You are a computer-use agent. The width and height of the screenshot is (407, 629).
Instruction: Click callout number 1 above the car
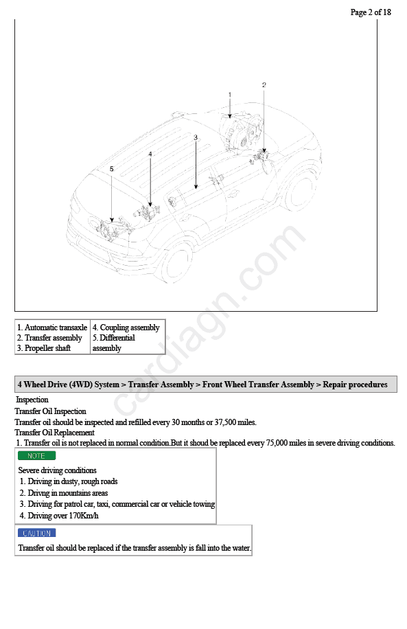[x=230, y=95]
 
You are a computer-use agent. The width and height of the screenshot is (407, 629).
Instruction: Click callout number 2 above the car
[x=264, y=85]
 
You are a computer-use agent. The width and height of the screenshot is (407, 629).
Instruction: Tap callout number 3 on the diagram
[x=196, y=137]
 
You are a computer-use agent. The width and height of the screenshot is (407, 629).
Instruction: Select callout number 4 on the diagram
[x=150, y=154]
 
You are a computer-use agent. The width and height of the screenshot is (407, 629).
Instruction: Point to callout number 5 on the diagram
[x=111, y=169]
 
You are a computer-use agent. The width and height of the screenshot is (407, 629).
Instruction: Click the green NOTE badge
[x=36, y=456]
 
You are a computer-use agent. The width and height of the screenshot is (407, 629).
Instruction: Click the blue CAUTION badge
[x=36, y=533]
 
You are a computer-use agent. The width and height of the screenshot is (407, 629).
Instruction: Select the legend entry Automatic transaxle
[x=51, y=328]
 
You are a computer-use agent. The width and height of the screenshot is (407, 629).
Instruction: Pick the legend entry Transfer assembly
[x=49, y=338]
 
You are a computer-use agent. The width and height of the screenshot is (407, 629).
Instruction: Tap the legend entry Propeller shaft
[x=44, y=348]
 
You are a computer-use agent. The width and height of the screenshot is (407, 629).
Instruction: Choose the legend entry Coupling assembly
[x=126, y=328]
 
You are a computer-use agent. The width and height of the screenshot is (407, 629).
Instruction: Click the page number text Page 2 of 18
[x=371, y=12]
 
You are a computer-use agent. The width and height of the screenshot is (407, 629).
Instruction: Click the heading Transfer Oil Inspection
[x=51, y=411]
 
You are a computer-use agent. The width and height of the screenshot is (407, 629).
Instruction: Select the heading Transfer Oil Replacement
[x=54, y=433]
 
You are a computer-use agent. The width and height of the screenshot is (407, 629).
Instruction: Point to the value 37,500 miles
[x=235, y=422]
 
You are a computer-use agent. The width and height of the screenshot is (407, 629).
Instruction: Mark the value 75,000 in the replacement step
[x=277, y=443]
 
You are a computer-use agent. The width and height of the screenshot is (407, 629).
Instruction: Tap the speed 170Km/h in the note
[x=84, y=516]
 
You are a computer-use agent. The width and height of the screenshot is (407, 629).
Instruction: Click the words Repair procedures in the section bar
[x=355, y=385]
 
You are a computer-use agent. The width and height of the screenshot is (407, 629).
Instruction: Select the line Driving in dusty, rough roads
[x=69, y=481]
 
